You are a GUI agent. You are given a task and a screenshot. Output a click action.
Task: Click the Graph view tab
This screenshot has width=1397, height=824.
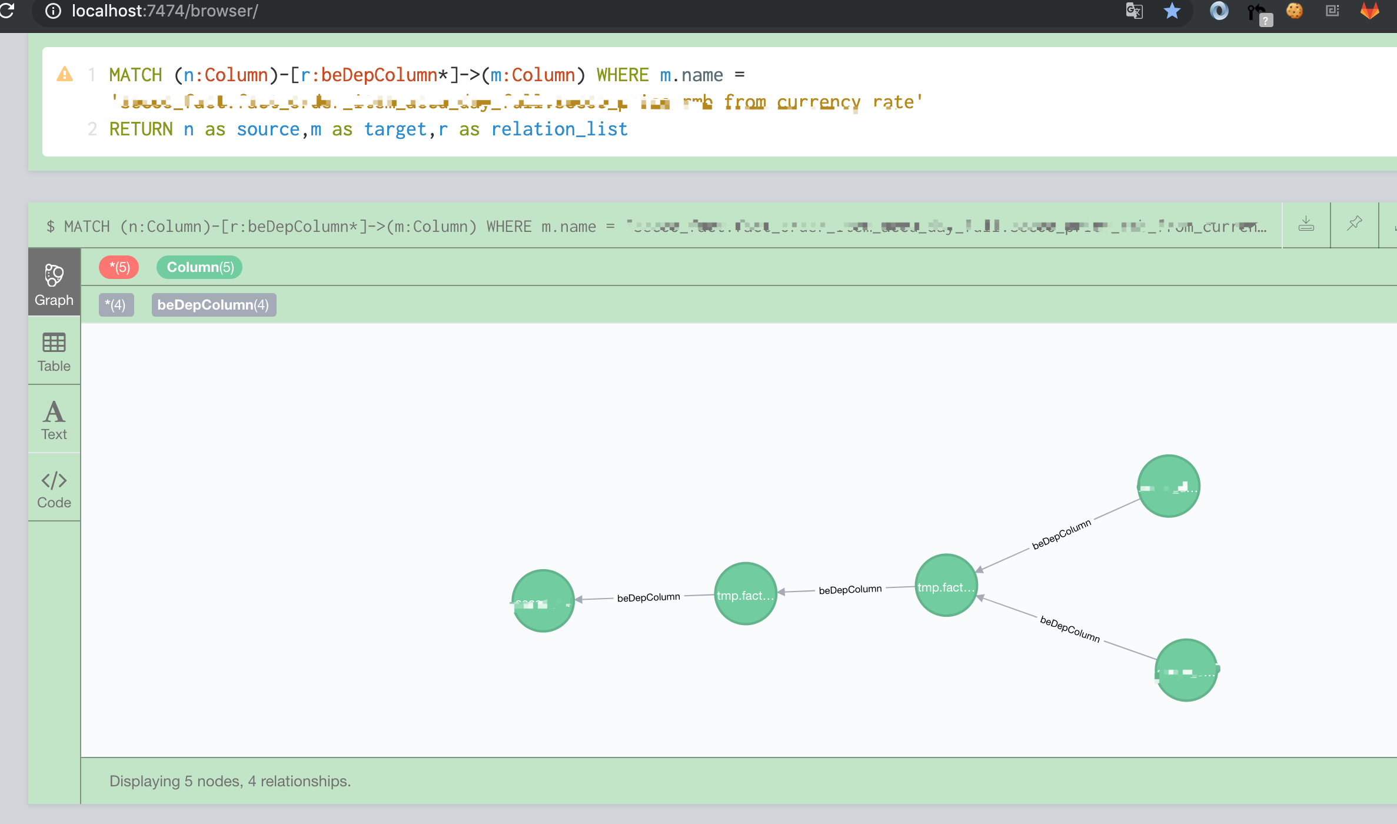point(54,284)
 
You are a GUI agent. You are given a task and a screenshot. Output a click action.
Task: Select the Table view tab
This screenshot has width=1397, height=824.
point(54,352)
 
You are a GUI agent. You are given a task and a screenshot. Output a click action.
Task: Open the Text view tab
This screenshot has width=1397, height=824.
point(54,420)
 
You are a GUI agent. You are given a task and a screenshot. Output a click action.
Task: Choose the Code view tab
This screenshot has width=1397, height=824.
point(54,489)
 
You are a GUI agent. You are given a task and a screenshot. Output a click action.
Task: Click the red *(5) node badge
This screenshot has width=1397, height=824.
point(119,267)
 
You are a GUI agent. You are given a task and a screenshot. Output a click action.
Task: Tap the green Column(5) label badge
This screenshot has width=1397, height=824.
point(199,267)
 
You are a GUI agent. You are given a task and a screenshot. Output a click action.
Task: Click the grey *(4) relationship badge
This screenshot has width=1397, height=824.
point(116,305)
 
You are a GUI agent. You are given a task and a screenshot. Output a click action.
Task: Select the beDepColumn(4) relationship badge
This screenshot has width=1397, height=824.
point(214,305)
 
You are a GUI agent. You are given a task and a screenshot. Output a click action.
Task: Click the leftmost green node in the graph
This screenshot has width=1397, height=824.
point(543,601)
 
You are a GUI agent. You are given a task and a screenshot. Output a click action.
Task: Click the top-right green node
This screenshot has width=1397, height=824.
point(1168,486)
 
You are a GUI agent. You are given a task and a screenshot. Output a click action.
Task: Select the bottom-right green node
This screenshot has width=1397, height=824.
point(1186,670)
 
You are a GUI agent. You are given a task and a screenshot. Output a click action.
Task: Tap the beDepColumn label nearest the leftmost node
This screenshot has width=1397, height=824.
point(648,597)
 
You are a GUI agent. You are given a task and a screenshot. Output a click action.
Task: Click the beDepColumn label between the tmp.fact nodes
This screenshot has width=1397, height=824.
point(850,589)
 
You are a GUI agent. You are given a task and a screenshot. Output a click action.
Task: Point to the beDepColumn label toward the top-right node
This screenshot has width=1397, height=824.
point(1061,534)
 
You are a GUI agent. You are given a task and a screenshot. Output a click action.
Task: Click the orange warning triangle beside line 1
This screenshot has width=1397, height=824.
point(65,75)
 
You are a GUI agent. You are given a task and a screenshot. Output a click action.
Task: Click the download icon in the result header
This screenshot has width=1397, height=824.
point(1306,224)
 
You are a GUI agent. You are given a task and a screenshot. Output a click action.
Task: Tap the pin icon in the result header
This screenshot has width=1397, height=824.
point(1355,224)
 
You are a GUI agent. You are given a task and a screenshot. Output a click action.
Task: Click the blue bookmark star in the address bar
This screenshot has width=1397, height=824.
point(1172,11)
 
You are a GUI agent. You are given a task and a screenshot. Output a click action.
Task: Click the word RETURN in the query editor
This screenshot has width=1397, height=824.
point(141,129)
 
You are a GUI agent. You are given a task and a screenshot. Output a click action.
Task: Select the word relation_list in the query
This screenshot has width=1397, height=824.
point(559,129)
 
